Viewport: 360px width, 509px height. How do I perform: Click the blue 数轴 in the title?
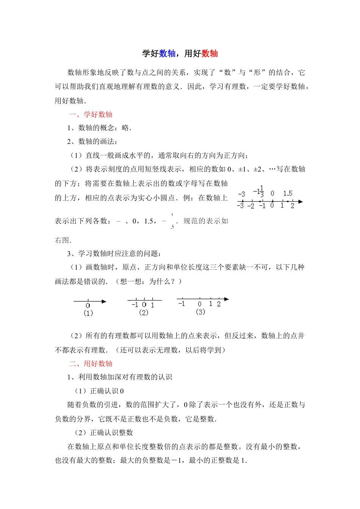167,53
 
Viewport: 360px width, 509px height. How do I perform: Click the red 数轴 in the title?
210,53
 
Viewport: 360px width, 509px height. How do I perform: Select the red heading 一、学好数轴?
91,114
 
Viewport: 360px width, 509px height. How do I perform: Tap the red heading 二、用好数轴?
91,364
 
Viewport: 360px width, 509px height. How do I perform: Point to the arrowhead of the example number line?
301,201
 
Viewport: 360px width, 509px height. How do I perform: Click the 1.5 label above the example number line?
288,194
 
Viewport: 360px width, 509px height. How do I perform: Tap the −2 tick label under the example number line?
250,206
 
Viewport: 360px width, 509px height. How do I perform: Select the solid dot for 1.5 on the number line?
288,201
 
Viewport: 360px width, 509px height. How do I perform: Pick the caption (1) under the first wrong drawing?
88,313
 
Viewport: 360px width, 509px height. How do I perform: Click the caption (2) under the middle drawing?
144,312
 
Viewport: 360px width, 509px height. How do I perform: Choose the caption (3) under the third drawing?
200,312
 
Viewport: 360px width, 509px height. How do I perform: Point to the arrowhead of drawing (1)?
104,301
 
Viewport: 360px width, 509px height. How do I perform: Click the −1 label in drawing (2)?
135,305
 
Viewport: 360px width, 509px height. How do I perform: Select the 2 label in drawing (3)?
219,304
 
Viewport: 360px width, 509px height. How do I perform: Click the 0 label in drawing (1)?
88,306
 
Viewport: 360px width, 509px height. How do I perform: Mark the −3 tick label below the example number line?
240,206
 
